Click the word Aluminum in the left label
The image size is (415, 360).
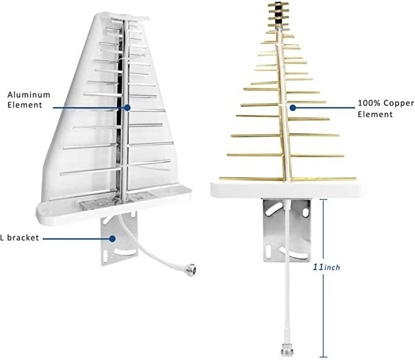(29, 95)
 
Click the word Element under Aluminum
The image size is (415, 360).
(24, 105)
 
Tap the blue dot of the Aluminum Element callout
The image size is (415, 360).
(127, 108)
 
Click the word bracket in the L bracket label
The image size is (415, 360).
(23, 237)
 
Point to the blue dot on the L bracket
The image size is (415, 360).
(112, 238)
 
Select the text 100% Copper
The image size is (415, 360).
(386, 103)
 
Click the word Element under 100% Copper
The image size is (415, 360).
(375, 114)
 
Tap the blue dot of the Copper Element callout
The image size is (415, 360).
(293, 108)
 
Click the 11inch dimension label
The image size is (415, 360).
(326, 267)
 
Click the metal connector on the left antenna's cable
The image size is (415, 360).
(191, 269)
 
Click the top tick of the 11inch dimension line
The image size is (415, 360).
(323, 200)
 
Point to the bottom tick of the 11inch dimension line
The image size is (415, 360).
(323, 357)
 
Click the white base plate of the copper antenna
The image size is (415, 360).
(288, 189)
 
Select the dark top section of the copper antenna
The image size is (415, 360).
(277, 13)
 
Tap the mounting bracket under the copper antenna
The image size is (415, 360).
(287, 230)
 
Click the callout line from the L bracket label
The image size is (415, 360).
(76, 239)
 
